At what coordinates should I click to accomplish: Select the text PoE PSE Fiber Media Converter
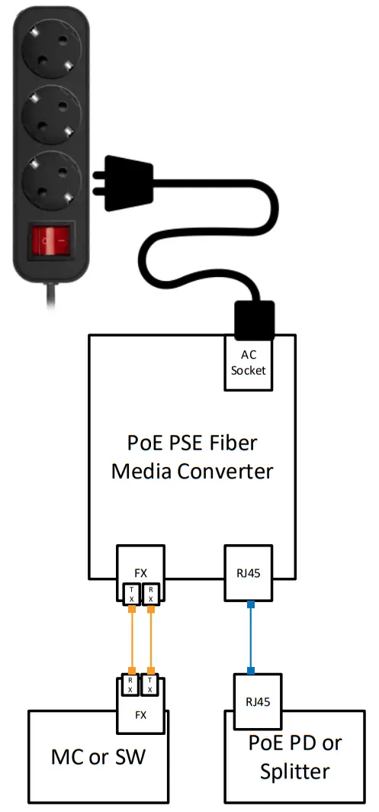coord(191,457)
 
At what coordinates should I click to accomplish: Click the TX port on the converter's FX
coord(131,594)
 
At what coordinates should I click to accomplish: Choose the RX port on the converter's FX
coord(152,594)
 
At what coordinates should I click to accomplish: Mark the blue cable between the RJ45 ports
coord(249,638)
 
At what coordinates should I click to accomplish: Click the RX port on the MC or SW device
coord(131,685)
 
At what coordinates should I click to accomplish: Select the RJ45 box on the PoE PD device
coord(257,701)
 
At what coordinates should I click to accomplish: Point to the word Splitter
coord(294,771)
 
